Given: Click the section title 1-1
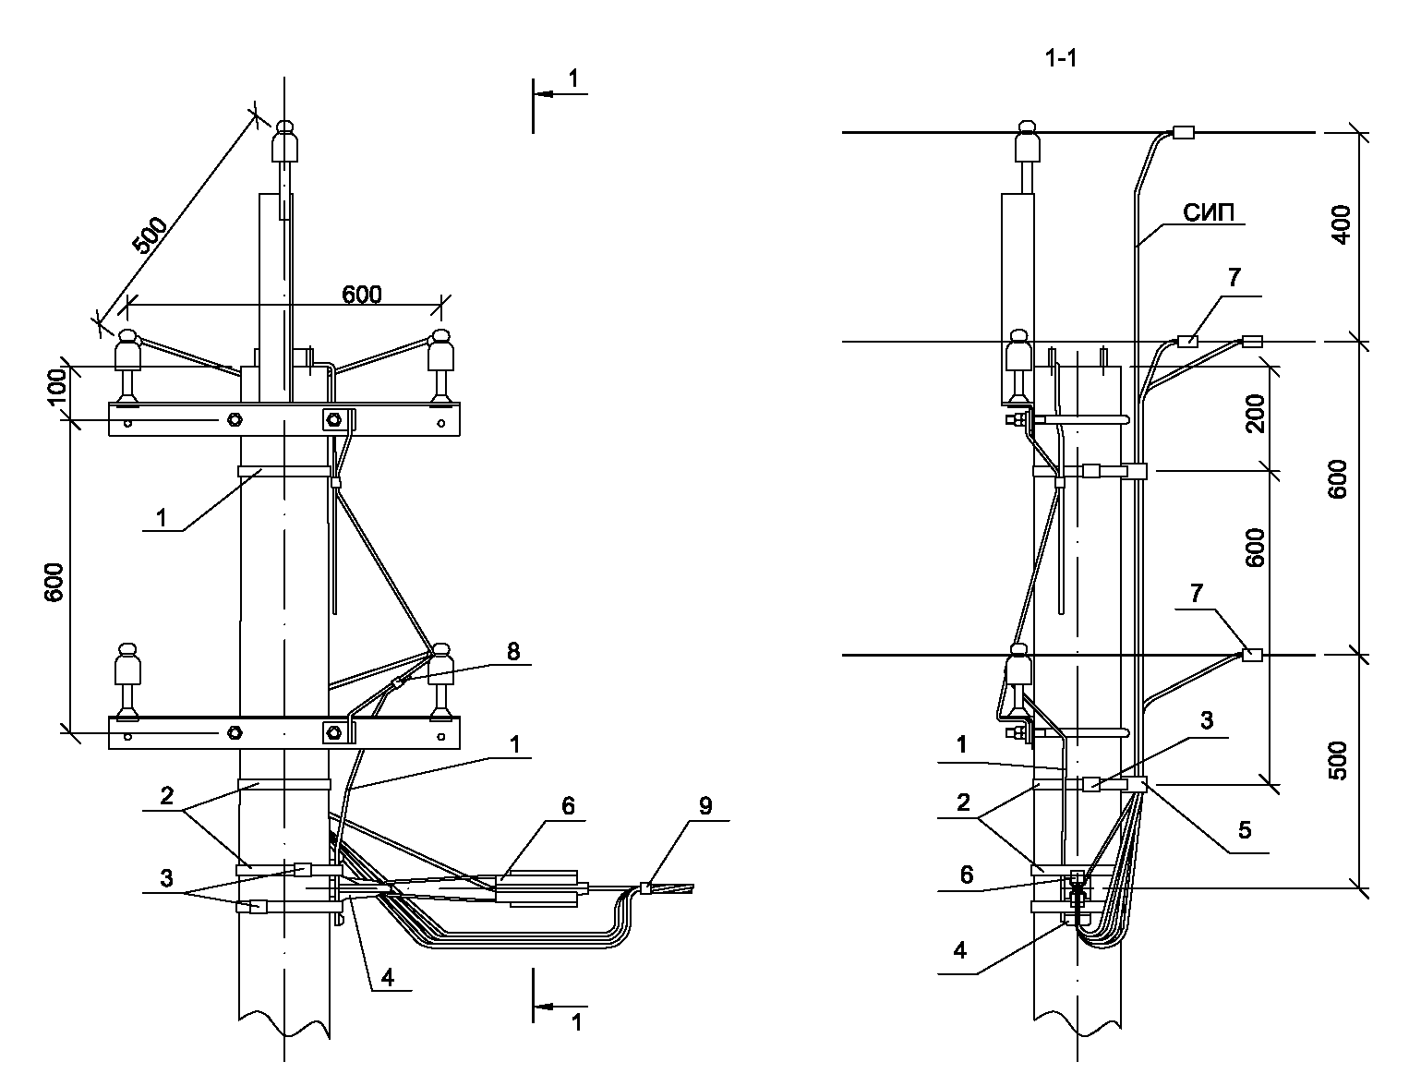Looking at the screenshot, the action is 1061,59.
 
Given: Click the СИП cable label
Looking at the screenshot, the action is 1208,212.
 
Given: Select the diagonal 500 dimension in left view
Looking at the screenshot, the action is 149,235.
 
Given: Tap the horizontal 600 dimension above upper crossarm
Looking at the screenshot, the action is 361,295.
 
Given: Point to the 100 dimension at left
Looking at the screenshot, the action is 57,386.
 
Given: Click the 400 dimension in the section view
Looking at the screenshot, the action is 1341,224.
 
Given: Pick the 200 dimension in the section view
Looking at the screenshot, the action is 1255,413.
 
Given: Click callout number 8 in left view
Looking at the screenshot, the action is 512,651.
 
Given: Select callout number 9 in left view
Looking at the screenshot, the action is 705,806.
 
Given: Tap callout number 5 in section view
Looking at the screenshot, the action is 1245,829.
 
